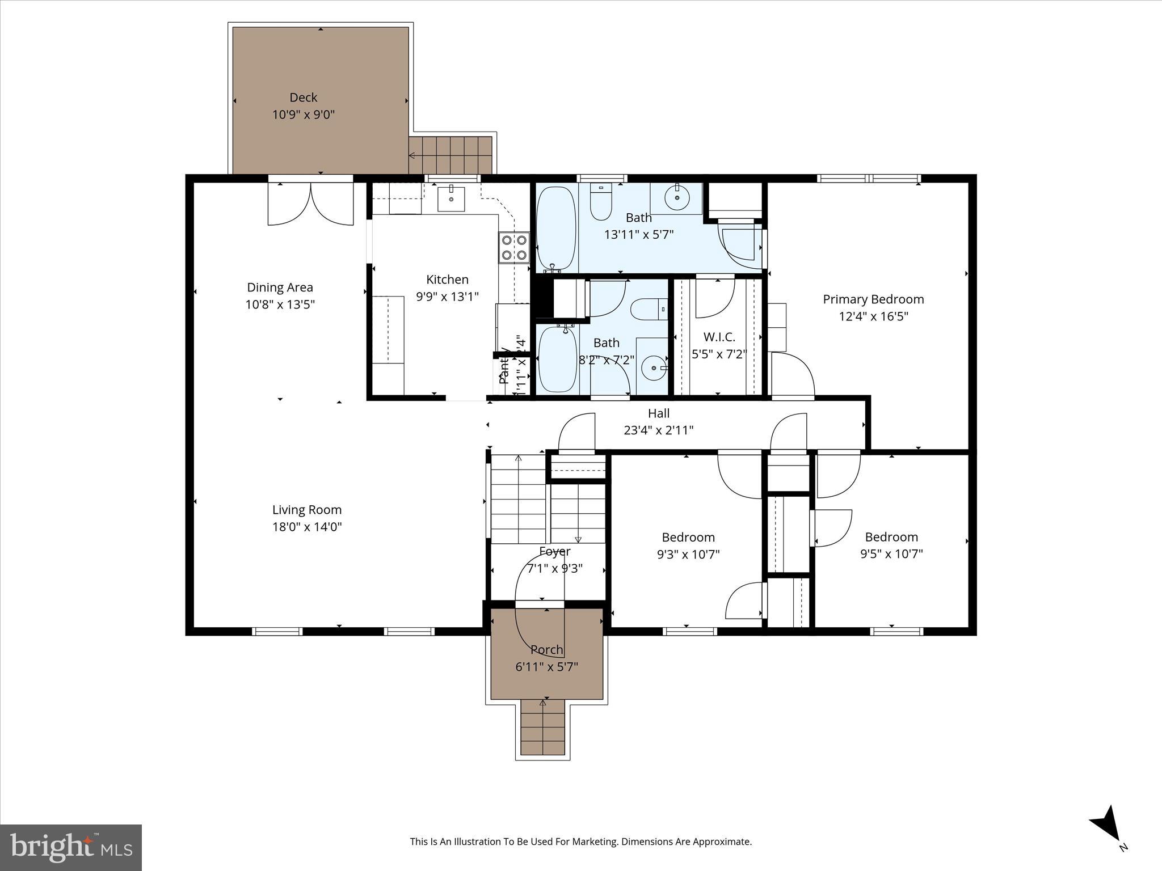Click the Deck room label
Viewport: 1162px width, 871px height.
(303, 98)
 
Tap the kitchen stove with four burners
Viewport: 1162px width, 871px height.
(513, 248)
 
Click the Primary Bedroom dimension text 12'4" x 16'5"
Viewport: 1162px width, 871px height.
(873, 316)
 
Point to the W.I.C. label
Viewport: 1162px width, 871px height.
(719, 337)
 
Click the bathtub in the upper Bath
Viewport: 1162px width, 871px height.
(556, 229)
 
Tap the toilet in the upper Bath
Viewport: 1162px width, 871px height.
(600, 202)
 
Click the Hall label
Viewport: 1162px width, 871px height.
(658, 413)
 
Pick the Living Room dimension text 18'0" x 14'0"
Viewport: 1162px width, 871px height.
(307, 527)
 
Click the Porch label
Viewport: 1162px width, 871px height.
(546, 650)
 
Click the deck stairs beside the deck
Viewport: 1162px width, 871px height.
(452, 155)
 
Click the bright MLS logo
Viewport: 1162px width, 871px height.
(71, 847)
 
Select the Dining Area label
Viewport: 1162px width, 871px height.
(280, 287)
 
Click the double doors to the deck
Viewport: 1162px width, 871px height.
(310, 203)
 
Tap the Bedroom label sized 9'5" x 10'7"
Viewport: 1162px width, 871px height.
(891, 537)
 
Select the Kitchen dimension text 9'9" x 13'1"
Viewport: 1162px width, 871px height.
(447, 297)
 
